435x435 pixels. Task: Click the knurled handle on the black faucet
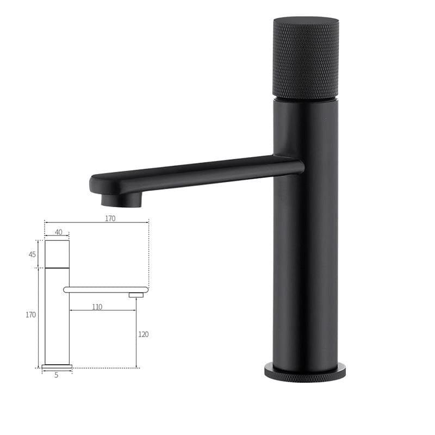pos(306,60)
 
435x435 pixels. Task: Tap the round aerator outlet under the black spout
pos(121,200)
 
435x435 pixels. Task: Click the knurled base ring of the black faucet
pos(305,373)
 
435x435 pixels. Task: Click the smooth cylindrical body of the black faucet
pos(306,261)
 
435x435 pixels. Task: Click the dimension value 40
pos(59,232)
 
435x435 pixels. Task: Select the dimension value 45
pos(32,254)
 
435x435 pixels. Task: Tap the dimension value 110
pos(97,307)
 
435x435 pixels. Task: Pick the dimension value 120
pos(143,334)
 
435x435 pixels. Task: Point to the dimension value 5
pos(56,375)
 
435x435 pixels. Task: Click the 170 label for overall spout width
pos(110,219)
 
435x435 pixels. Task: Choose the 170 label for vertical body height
pos(30,315)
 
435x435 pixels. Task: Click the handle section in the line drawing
pos(57,254)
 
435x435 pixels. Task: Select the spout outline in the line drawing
pos(106,290)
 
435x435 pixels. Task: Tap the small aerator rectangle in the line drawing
pos(136,295)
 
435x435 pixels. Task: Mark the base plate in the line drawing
pos(57,366)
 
